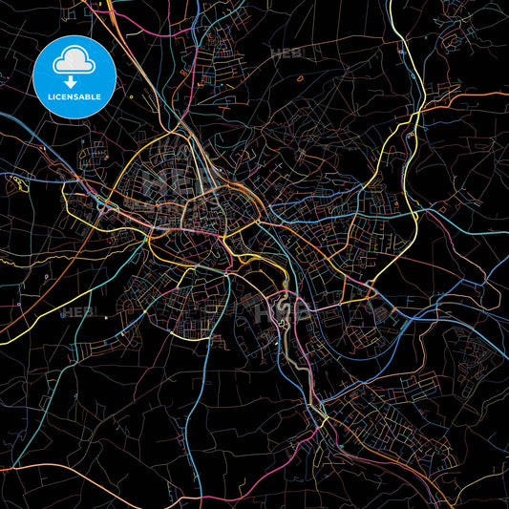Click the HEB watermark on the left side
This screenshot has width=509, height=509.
click(74, 312)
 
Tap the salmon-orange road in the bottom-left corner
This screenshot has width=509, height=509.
click(38, 468)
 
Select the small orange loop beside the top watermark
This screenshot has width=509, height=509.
click(301, 76)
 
